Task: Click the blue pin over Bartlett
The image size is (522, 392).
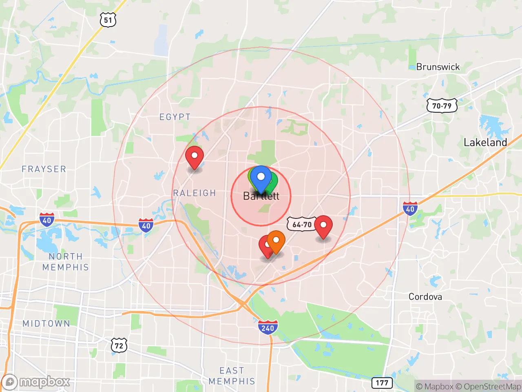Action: [x=261, y=178]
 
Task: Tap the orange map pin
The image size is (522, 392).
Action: [x=276, y=241]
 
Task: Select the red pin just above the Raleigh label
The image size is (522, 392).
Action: [x=195, y=157]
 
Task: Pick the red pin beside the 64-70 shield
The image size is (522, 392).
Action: [x=323, y=226]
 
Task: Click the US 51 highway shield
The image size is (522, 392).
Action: [x=108, y=20]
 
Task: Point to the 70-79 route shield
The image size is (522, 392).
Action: [x=442, y=106]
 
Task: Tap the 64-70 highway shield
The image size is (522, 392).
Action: [x=302, y=224]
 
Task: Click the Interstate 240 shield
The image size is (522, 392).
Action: [x=268, y=327]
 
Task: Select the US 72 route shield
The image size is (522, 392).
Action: [x=119, y=345]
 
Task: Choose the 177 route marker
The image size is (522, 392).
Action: [x=382, y=383]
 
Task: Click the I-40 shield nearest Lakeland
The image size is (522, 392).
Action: [x=410, y=209]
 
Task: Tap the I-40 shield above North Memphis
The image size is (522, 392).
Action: [x=47, y=220]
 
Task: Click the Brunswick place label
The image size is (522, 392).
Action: [x=438, y=67]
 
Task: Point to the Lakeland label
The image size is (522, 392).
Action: [x=485, y=143]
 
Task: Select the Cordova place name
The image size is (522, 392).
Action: [x=425, y=297]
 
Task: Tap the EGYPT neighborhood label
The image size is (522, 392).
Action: [x=175, y=117]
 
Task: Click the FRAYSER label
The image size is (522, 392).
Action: [x=44, y=169]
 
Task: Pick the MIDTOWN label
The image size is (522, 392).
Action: [x=46, y=323]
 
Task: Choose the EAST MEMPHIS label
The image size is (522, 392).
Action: [x=232, y=376]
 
